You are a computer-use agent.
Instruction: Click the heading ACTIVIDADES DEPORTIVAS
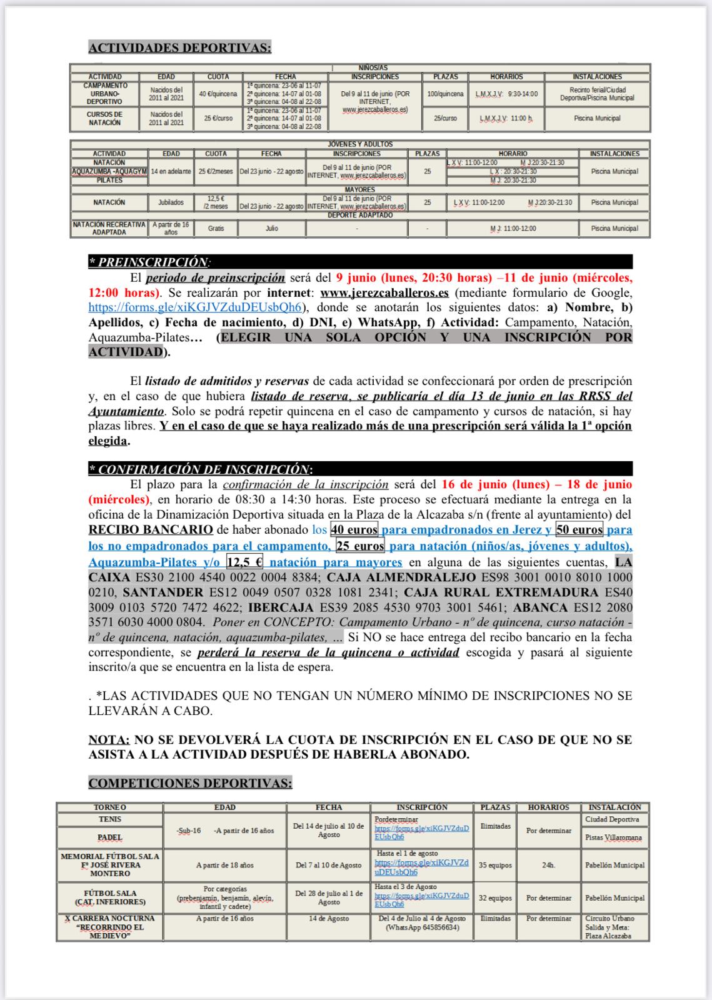coord(180,47)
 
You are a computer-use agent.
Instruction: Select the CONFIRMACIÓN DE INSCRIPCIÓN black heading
coord(201,469)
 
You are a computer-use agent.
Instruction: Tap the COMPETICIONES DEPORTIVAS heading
coord(190,782)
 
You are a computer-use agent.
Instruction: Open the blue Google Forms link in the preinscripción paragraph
coord(196,307)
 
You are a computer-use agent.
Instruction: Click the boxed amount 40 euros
coord(354,530)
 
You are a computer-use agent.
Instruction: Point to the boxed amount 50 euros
coord(579,530)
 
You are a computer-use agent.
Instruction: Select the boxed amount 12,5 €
coord(245,561)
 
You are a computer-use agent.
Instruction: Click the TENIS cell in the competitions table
coord(110,819)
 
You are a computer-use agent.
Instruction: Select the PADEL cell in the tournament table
coord(110,837)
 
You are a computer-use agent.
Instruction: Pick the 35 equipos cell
coord(495,865)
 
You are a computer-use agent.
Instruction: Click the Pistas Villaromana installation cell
coord(614,837)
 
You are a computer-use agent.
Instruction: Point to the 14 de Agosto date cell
coord(329,919)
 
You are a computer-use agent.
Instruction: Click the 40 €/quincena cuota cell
coord(218,94)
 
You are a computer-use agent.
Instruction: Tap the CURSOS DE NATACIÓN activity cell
coord(104,118)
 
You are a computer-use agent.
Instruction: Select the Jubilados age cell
coord(171,202)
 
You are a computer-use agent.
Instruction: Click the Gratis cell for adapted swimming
coord(216,229)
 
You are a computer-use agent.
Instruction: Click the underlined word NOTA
coord(109,739)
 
